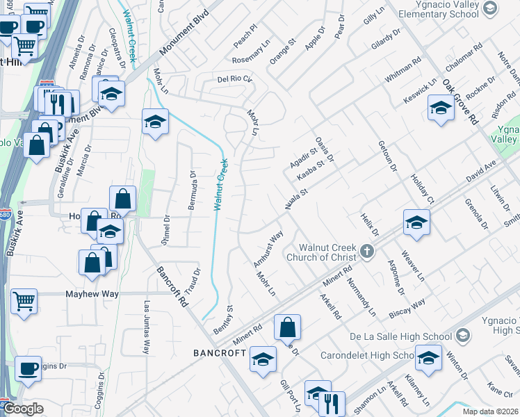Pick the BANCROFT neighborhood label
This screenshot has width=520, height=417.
[220, 353]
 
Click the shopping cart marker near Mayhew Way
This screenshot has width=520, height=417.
[24, 302]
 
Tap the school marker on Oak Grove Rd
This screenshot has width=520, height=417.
[441, 108]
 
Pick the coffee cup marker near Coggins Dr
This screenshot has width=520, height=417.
[28, 368]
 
